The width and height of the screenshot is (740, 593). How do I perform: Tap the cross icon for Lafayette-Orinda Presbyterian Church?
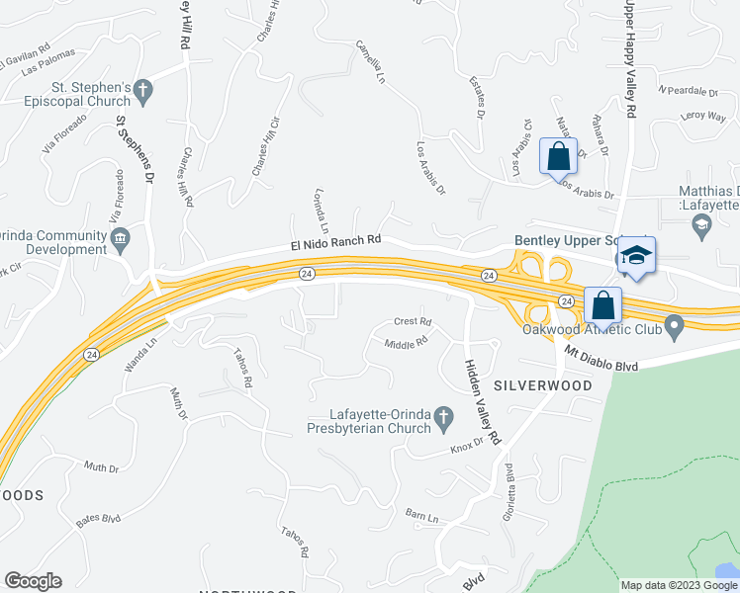[x=443, y=421]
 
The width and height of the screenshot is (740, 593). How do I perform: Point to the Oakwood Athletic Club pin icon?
[x=675, y=325]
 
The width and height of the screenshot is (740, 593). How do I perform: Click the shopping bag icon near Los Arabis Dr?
[x=558, y=156]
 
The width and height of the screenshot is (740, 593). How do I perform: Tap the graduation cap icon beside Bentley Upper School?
[x=637, y=254]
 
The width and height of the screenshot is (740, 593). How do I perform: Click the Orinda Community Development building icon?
[x=121, y=237]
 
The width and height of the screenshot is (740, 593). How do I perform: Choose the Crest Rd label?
[x=413, y=321]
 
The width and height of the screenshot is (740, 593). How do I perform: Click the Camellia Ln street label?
[x=370, y=62]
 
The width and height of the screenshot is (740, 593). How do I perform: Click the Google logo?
[x=33, y=581]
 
